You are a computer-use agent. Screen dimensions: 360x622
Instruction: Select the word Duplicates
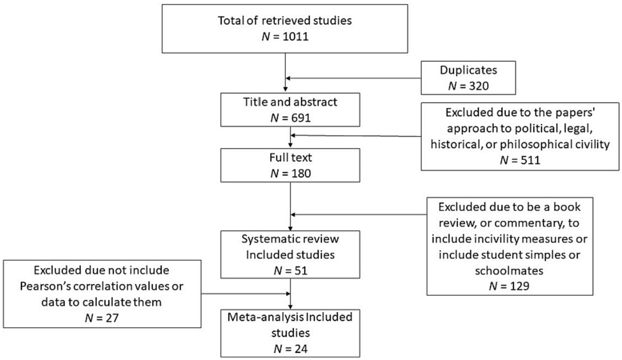click(468, 70)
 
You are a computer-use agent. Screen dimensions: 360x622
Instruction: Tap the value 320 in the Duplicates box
click(478, 86)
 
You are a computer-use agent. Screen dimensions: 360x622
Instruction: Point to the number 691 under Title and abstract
click(300, 118)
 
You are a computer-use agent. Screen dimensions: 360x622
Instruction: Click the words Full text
click(291, 157)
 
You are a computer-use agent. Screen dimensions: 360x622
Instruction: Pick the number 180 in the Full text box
click(300, 173)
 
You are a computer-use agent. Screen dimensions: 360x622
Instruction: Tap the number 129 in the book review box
click(519, 286)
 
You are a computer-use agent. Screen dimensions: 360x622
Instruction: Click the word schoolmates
click(509, 270)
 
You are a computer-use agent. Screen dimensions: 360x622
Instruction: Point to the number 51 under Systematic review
click(300, 270)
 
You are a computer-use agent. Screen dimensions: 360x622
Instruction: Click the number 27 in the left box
click(111, 318)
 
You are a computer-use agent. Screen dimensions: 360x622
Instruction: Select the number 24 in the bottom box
click(300, 348)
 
